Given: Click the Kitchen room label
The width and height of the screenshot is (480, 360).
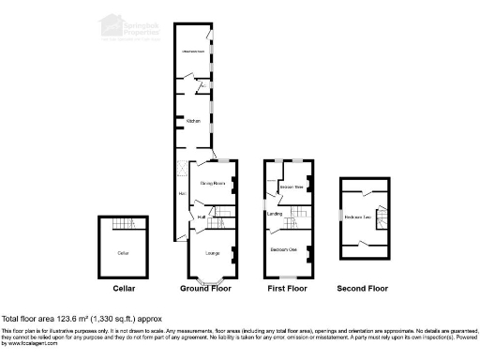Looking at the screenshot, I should [x=192, y=121].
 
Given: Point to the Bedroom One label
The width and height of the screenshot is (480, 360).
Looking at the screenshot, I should [x=284, y=249].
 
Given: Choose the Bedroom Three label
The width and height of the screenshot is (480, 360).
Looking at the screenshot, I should [x=292, y=187].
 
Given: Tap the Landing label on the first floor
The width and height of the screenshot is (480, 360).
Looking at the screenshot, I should [x=275, y=215].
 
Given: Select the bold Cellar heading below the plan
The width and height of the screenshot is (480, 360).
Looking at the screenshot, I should [x=124, y=289].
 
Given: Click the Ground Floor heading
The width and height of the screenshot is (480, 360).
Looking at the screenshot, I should [x=205, y=289].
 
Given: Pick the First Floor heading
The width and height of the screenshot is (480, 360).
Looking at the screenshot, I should [x=287, y=289].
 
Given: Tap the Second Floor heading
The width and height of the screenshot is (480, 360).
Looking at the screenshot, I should [x=362, y=289].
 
